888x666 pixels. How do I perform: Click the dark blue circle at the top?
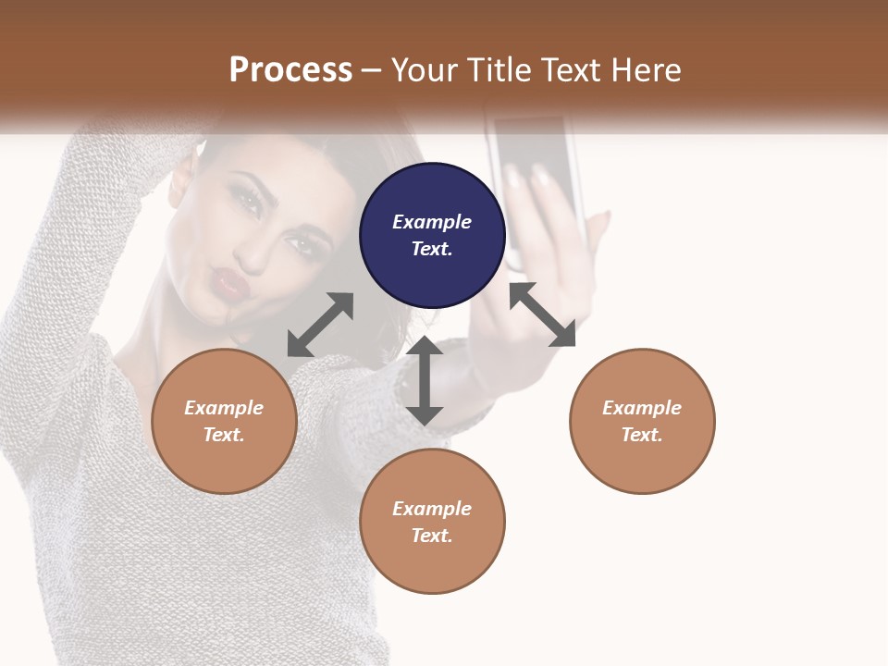pos(432,235)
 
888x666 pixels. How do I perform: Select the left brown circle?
pos(224,421)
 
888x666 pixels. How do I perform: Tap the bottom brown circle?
pos(432,522)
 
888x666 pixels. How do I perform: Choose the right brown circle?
pos(642,421)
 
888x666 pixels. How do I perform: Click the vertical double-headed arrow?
pos(425,380)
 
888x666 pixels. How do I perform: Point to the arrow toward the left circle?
pos(320,325)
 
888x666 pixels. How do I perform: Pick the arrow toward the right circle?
pos(542,314)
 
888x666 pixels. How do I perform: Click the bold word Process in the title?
pos(290,69)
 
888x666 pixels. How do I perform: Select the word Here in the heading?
pos(647,69)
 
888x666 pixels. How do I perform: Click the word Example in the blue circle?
pos(432,222)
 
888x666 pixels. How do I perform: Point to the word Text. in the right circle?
pos(642,435)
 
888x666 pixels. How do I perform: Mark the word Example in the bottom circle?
pos(432,509)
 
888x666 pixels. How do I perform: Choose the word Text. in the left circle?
pos(224,435)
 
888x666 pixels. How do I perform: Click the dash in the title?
pos(372,70)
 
